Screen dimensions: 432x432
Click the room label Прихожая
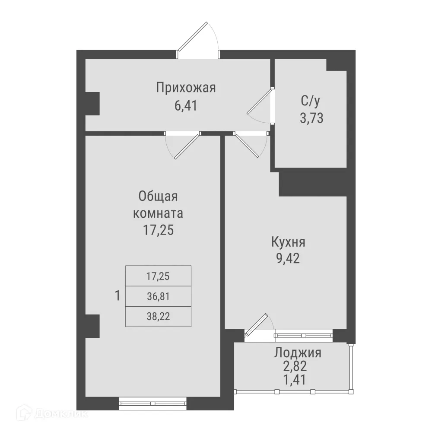(186, 88)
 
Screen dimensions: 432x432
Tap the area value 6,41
(186, 105)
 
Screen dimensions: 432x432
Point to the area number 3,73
(311, 118)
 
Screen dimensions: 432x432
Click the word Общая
(158, 197)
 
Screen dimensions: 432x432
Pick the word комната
(158, 213)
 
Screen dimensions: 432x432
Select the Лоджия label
(298, 353)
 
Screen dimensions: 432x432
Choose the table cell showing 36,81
(158, 296)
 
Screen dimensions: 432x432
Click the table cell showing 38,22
(158, 317)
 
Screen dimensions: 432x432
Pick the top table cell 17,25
(158, 276)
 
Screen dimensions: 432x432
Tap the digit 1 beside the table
(117, 296)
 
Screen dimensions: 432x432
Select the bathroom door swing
(260, 104)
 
